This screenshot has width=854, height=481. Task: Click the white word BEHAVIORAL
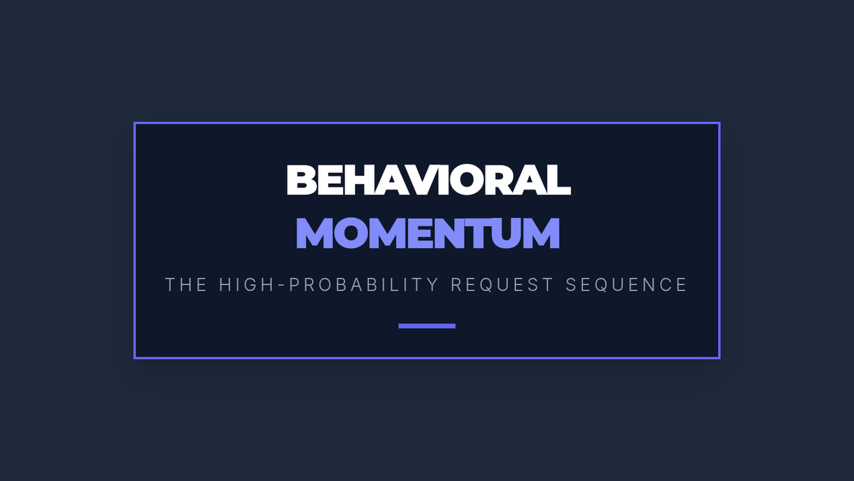point(428,180)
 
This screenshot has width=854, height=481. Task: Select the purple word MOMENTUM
point(428,233)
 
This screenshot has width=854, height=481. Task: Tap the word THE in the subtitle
point(186,285)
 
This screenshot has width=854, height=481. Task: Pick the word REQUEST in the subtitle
point(502,285)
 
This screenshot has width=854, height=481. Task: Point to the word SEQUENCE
point(626,285)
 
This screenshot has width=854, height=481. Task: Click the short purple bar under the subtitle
point(427,326)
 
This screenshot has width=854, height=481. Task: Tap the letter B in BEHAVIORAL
point(302,180)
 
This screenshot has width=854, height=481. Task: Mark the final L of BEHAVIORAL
point(558,180)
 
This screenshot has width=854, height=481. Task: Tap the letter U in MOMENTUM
point(505,234)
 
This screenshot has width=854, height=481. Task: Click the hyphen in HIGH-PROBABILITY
point(282,286)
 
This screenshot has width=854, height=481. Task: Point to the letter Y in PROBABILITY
point(433,285)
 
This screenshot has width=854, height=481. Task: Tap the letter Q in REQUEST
point(487,285)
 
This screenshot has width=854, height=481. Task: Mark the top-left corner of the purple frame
point(134,122)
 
